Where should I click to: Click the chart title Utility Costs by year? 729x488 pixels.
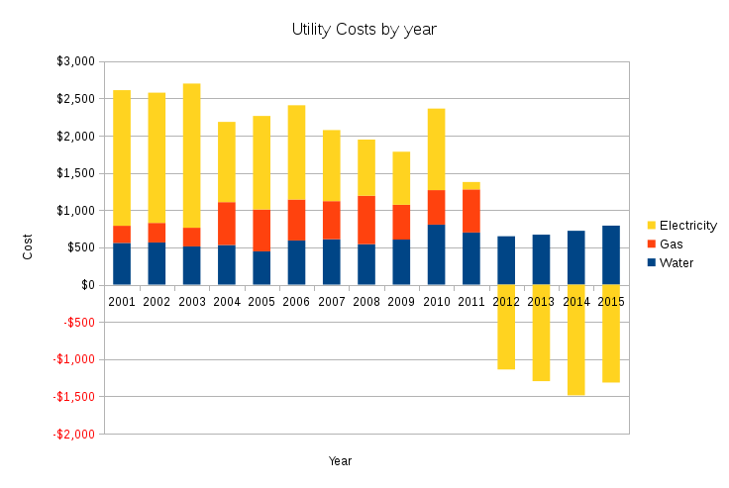click(x=364, y=30)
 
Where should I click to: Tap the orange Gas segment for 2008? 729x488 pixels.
click(x=366, y=220)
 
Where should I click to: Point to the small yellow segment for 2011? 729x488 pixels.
click(x=471, y=186)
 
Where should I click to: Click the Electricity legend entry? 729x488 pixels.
click(x=686, y=226)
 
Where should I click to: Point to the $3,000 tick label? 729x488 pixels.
click(x=76, y=61)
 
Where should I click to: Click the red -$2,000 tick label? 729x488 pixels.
click(x=75, y=435)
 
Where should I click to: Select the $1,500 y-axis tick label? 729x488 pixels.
click(x=76, y=173)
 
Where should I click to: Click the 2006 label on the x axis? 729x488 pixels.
click(x=296, y=302)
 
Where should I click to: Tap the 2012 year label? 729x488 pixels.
click(x=506, y=302)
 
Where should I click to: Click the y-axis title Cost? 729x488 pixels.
click(x=28, y=247)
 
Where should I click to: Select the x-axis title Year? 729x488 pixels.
click(x=341, y=461)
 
